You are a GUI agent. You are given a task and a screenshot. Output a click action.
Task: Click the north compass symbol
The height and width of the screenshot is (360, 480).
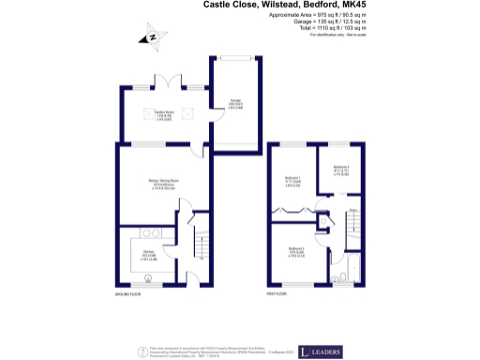[149, 38]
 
